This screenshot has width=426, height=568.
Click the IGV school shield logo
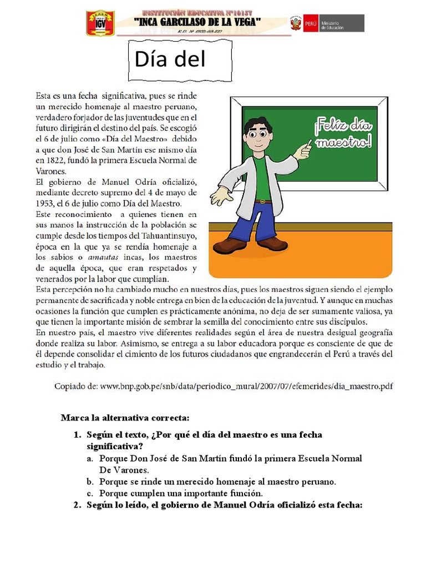(100, 23)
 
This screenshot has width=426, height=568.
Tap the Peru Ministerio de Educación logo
(327, 23)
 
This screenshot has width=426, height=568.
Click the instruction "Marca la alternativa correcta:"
(125, 417)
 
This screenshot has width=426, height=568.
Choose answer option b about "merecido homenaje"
(217, 481)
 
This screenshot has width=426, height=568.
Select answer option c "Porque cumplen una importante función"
(180, 493)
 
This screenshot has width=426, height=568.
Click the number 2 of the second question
(77, 505)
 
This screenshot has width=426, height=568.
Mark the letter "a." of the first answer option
(90, 459)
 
